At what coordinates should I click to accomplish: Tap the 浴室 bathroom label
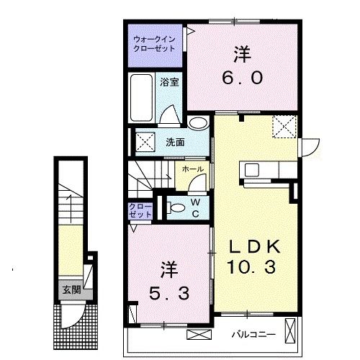point(174,82)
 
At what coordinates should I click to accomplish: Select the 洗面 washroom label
point(175,142)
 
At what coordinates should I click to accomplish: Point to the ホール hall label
point(192,169)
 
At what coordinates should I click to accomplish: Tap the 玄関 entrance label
point(70,290)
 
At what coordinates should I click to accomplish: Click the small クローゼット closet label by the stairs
point(140,210)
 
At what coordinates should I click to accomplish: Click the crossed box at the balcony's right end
point(290,333)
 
